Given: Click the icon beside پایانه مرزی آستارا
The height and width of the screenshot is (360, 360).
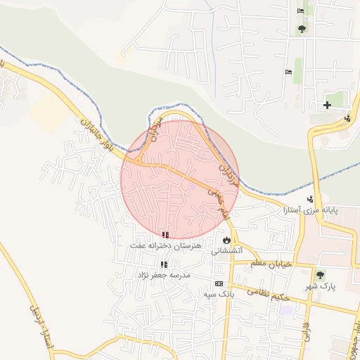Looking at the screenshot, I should point(310,199).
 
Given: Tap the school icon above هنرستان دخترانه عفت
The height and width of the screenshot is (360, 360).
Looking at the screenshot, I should point(165,235).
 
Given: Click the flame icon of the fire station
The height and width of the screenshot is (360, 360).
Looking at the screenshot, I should point(226,240).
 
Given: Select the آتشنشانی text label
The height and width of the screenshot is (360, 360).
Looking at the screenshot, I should point(226,250).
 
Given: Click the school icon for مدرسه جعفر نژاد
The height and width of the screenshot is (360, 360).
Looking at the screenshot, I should point(164,264).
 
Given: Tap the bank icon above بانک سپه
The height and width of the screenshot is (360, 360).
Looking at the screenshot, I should point(219,283).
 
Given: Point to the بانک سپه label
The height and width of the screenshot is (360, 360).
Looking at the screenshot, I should point(219,294).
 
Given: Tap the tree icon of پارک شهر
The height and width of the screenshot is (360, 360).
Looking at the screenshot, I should point(321,275).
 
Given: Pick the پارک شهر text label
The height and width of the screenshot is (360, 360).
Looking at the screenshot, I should point(321,286).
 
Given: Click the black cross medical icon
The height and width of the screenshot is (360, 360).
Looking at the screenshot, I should point(327,105).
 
